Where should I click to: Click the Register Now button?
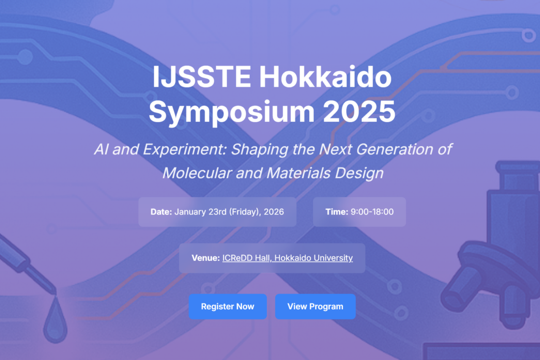(x=227, y=306)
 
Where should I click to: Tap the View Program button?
(x=315, y=306)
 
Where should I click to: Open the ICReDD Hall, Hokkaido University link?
(x=287, y=258)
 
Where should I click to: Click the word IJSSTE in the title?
(x=202, y=77)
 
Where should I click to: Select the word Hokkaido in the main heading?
(x=325, y=77)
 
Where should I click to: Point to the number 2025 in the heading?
(x=359, y=112)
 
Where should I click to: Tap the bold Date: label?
(x=161, y=212)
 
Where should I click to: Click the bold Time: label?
(x=337, y=212)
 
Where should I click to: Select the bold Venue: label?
(x=205, y=258)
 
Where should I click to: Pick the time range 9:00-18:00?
(x=372, y=212)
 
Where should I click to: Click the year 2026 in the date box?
(x=274, y=212)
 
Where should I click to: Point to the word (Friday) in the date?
(x=245, y=212)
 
